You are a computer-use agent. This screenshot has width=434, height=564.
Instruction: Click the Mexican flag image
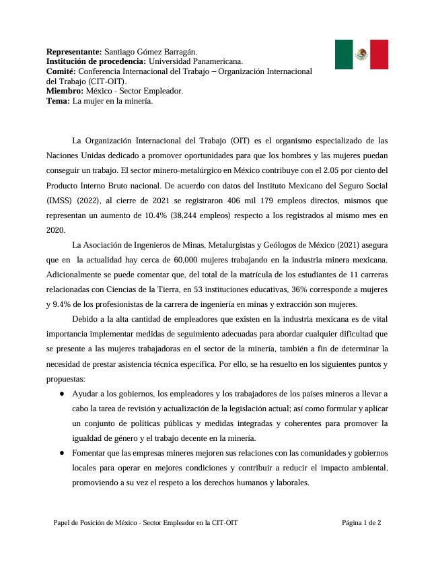pos(361,54)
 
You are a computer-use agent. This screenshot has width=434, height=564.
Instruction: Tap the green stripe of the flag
pos(343,54)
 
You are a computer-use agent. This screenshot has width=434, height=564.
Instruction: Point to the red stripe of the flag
pos(379,54)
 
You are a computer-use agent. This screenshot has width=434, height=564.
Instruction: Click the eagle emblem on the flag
pos(361,54)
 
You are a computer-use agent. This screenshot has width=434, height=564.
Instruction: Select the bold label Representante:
pos(74,52)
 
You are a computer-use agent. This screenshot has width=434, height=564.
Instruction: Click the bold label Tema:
pos(58,101)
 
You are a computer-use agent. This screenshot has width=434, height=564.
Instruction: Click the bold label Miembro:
pos(65,91)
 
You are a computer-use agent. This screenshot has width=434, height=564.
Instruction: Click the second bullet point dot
pos(62,453)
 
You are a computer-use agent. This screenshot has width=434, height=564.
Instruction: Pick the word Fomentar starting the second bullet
pos(89,453)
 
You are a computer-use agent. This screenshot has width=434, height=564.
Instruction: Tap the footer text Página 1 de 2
pos(361,522)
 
